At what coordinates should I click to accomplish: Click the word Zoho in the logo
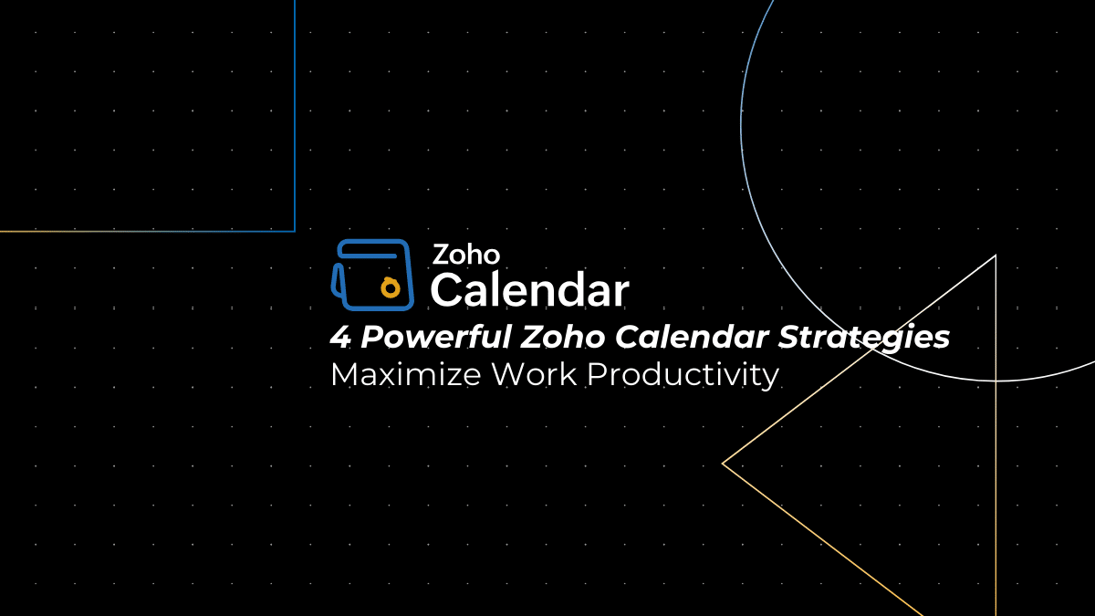(465, 254)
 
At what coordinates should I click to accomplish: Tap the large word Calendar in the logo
(529, 290)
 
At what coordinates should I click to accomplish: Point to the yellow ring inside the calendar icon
(391, 288)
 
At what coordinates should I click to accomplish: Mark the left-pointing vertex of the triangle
(723, 464)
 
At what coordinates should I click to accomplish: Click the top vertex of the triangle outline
(995, 256)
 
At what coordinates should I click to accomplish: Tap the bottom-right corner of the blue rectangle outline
(295, 231)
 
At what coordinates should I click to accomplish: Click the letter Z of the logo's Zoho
(440, 254)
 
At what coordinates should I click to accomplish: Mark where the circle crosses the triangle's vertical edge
(996, 381)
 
